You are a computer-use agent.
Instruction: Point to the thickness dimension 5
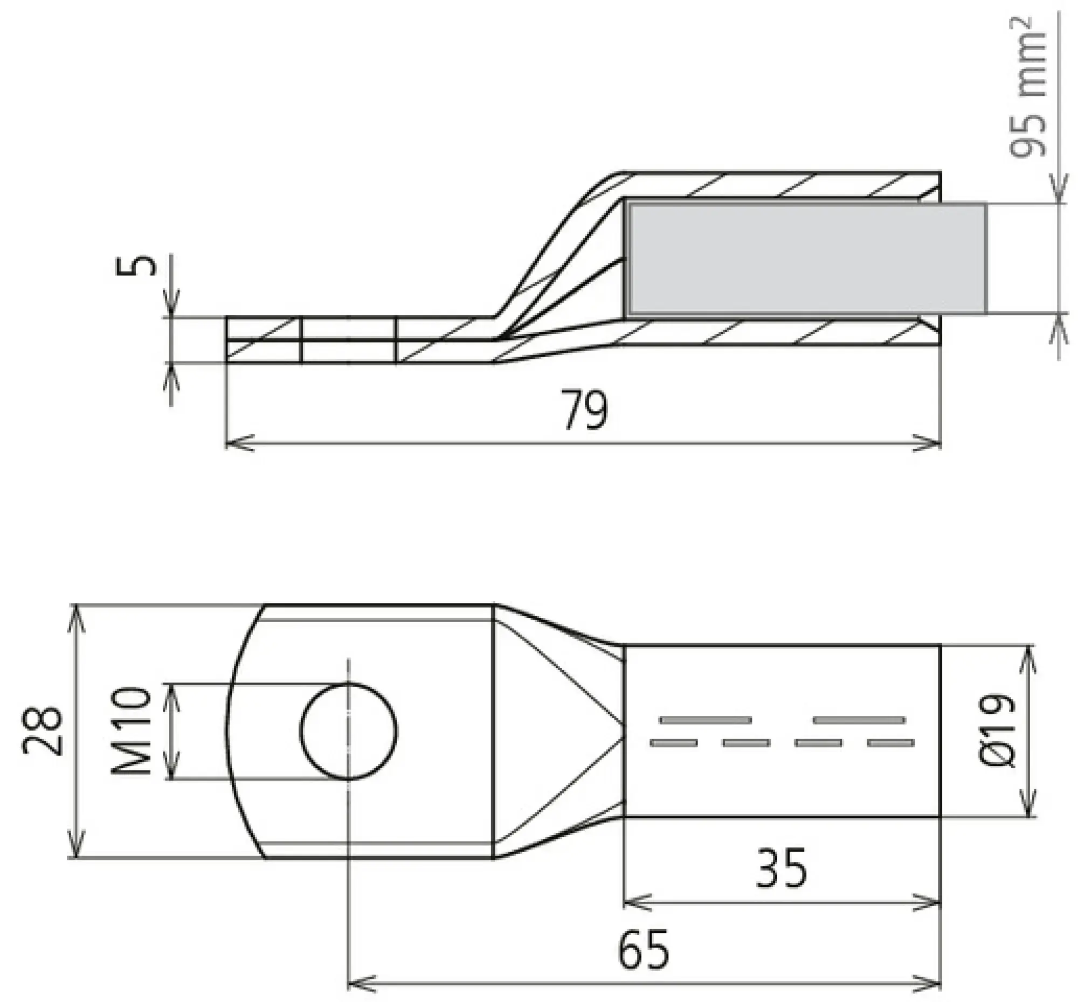[x=136, y=266]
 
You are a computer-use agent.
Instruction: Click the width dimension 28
[x=43, y=731]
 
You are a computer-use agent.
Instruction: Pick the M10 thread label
[x=130, y=731]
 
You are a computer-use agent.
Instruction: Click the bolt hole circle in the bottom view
[x=349, y=731]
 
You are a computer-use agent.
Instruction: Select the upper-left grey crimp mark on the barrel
[x=706, y=720]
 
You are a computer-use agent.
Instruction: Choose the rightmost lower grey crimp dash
[x=890, y=743]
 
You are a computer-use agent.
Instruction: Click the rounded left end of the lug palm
[x=228, y=731]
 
